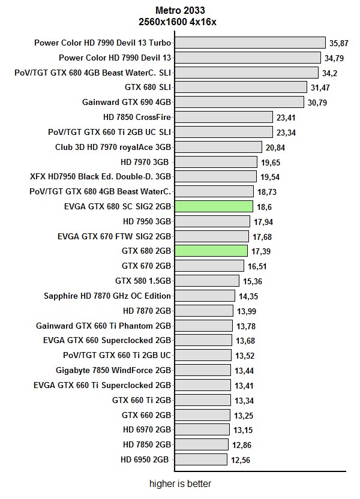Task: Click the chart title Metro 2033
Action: (179, 10)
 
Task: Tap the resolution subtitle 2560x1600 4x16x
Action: (179, 22)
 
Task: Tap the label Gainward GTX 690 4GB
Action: (126, 102)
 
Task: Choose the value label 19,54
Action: (270, 177)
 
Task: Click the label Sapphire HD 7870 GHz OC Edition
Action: (107, 296)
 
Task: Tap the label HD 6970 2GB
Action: (147, 429)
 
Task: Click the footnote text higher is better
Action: (181, 483)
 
